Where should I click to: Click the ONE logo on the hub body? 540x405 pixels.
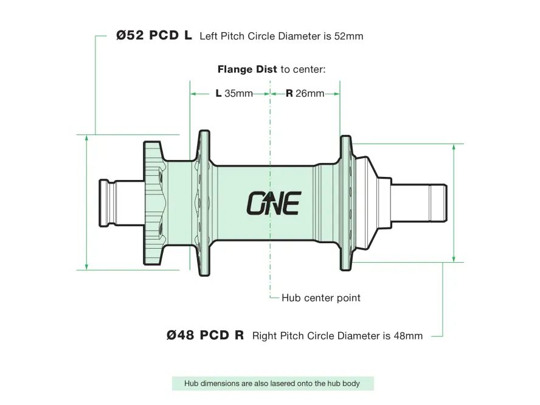click(274, 203)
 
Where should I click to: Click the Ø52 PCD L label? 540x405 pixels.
click(154, 35)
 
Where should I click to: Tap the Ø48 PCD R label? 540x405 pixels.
click(205, 334)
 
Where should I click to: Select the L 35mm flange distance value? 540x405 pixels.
click(234, 93)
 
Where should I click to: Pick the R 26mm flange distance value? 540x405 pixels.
click(305, 93)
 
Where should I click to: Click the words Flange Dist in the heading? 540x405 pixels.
click(247, 69)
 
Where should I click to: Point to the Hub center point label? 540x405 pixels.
click(321, 297)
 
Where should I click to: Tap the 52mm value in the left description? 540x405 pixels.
click(348, 36)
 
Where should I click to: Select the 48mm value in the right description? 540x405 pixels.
click(408, 336)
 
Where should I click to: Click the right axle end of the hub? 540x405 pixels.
click(438, 203)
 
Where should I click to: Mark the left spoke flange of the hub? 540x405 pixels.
click(204, 203)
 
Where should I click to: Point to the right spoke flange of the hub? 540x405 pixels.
click(346, 203)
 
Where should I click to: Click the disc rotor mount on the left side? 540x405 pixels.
click(153, 203)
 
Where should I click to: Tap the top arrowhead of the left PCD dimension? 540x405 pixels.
click(86, 138)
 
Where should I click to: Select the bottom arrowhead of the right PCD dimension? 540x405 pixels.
click(454, 259)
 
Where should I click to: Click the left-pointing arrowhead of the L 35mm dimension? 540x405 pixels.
click(193, 93)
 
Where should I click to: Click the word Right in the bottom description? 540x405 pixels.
click(265, 336)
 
